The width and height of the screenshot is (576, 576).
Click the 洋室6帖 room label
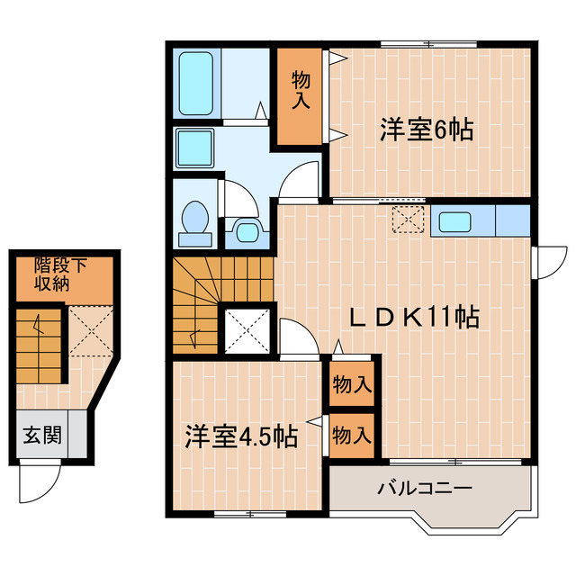coord(427,130)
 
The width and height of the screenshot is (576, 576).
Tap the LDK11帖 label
coord(414,317)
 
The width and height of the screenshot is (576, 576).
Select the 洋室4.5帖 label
coord(242,436)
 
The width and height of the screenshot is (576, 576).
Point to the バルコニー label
coord(425,490)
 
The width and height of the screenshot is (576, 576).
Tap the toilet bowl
coord(194,221)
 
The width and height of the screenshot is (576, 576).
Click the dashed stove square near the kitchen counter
coord(409,219)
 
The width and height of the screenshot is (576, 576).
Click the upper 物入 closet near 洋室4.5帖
coord(352,384)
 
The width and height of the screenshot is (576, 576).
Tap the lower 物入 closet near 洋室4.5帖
coord(352,436)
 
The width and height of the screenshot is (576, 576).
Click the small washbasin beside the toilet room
coord(242,230)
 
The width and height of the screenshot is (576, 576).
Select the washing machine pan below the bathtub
coord(194,146)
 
